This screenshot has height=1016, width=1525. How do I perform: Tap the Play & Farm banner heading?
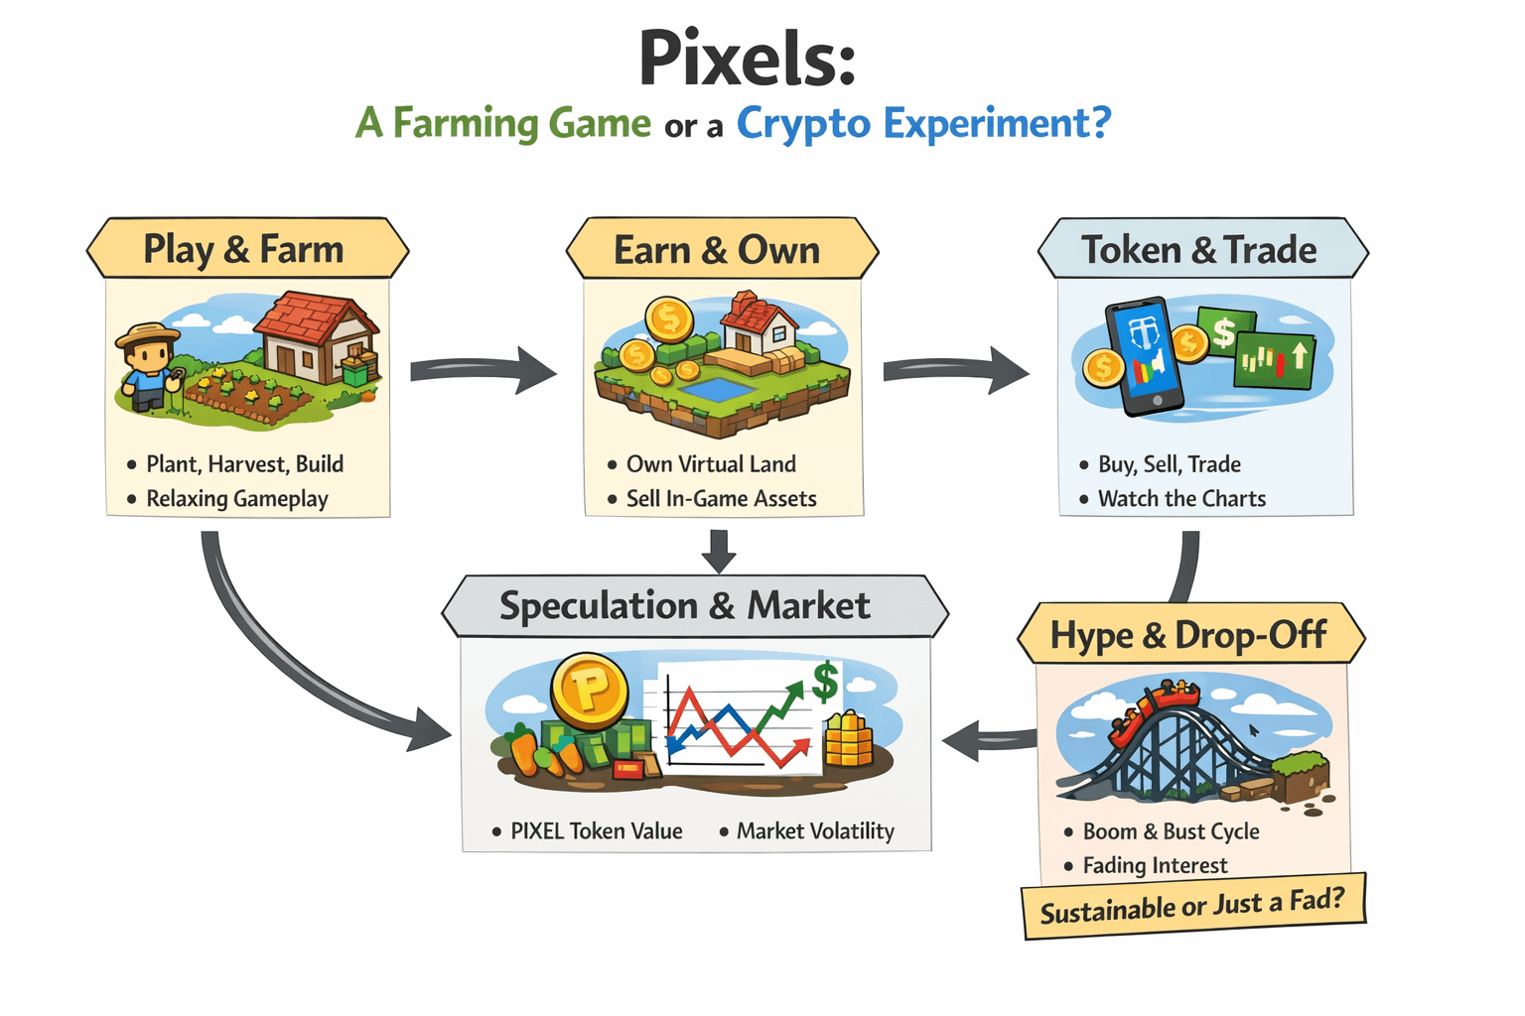[x=244, y=249]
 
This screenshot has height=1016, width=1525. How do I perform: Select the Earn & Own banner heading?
[x=717, y=250]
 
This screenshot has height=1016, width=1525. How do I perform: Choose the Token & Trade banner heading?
[x=1199, y=250]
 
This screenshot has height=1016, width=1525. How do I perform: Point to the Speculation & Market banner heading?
[x=685, y=605]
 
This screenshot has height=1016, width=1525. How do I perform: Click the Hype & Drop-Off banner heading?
[x=1188, y=635]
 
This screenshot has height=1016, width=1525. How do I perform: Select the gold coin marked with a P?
[x=589, y=689]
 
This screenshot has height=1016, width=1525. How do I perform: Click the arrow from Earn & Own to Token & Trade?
[x=955, y=370]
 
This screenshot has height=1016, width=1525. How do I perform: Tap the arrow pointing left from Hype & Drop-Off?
[x=988, y=740]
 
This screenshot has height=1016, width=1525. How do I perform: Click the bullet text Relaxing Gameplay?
[x=237, y=499]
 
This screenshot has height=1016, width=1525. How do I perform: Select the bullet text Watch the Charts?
[x=1181, y=499]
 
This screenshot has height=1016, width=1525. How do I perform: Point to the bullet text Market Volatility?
[x=815, y=831]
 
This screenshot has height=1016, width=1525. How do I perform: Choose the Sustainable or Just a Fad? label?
[x=1192, y=905]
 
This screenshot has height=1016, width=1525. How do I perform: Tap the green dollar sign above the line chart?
[x=825, y=683]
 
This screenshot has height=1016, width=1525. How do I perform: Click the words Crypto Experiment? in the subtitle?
[x=923, y=124]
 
